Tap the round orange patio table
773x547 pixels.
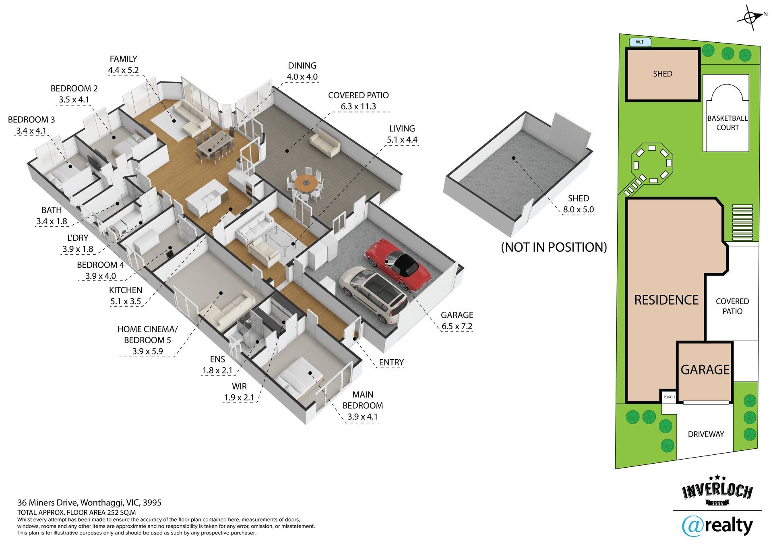pyautogui.click(x=305, y=183)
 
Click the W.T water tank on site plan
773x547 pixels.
pyautogui.click(x=640, y=42)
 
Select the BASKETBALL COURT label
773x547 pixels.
pyautogui.click(x=728, y=123)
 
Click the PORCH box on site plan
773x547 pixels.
pyautogui.click(x=669, y=397)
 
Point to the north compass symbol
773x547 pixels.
pyautogui.click(x=750, y=17)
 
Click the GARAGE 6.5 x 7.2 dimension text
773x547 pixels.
pyautogui.click(x=457, y=321)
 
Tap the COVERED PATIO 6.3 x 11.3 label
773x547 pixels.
pyautogui.click(x=358, y=101)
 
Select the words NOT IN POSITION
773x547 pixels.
pyautogui.click(x=554, y=247)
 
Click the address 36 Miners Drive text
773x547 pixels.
pyautogui.click(x=89, y=502)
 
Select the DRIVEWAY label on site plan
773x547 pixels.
pyautogui.click(x=706, y=434)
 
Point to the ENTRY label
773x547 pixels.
pyautogui.click(x=391, y=362)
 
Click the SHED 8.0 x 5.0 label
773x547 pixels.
pyautogui.click(x=578, y=204)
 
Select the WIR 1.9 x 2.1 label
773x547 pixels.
pyautogui.click(x=239, y=392)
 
